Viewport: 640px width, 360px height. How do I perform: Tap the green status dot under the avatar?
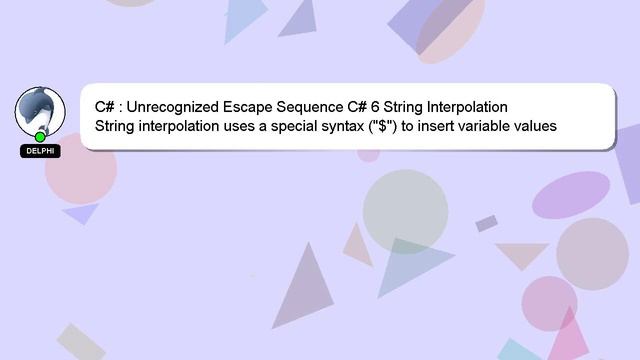click(40, 137)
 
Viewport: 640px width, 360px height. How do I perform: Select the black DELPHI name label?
click(40, 151)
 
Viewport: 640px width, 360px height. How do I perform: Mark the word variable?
click(492, 127)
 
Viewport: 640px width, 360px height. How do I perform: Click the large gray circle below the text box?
click(405, 210)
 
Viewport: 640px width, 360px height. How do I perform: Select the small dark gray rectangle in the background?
click(487, 223)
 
